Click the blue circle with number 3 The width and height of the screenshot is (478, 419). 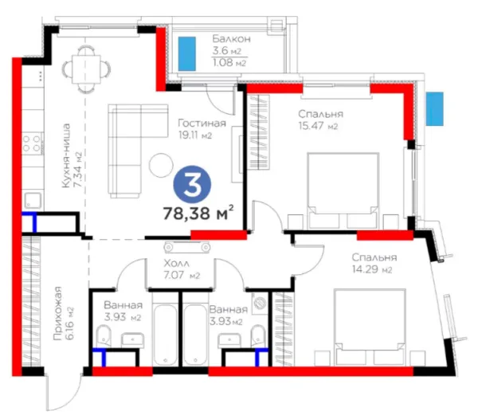coord(192,185)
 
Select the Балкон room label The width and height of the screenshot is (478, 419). coord(232,39)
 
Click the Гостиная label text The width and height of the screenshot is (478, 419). coord(202,123)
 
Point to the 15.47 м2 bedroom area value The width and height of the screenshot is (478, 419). coord(318,126)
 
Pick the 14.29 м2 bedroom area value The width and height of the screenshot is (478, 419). coord(372,269)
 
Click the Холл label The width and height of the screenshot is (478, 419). coord(177,263)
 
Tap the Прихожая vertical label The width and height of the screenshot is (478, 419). coord(57,313)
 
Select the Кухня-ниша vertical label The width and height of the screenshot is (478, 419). coord(66,155)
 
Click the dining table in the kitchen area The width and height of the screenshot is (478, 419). coord(86,69)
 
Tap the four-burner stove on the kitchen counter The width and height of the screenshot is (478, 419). coord(32,143)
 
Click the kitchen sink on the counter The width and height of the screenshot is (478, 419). coord(33,201)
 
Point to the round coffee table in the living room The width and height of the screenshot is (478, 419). coord(161,165)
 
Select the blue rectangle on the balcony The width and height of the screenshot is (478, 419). coord(187,53)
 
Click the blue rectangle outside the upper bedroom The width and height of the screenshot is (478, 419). coord(435,109)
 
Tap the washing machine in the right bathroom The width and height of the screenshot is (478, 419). coord(260,303)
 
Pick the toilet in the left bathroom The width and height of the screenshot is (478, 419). coord(104,337)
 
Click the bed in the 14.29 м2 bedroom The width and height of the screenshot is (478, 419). coord(370,327)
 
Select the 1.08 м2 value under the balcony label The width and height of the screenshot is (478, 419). coord(229,62)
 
